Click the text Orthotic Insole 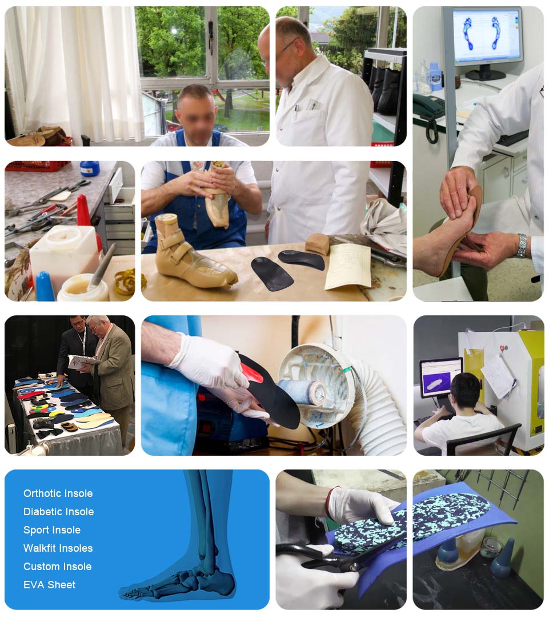(x=58, y=493)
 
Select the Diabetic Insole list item (x=58, y=512)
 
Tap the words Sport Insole (x=51, y=530)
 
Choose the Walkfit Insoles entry (x=58, y=548)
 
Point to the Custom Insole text (x=57, y=567)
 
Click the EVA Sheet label (x=49, y=585)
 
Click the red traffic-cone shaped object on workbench (x=83, y=213)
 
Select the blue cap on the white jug (x=90, y=168)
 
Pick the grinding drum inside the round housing (x=302, y=392)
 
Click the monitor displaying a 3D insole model (x=441, y=377)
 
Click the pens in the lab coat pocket (x=295, y=111)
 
